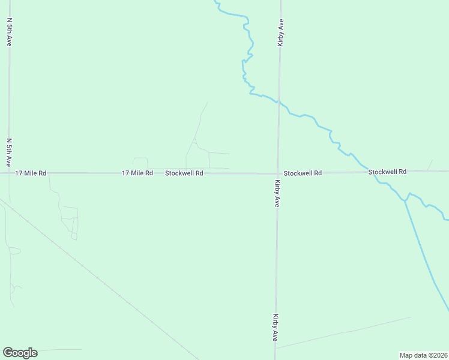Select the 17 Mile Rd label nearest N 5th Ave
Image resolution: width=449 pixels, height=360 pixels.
31,173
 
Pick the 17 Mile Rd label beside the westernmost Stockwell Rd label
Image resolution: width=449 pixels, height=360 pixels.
137,173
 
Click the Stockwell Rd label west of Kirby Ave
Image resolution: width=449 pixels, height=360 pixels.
184,173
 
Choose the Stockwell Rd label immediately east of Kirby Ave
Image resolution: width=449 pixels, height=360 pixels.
303,173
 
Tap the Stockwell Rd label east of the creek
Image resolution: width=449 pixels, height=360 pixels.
387,172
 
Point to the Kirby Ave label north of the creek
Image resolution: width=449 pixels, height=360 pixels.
281,33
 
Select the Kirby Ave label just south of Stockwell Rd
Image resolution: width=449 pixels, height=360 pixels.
277,193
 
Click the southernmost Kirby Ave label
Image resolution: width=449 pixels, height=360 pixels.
276,328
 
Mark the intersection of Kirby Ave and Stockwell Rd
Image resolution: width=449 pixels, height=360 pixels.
278,173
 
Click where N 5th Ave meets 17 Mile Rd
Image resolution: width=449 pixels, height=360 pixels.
9,173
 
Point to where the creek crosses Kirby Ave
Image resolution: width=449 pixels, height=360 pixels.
279,101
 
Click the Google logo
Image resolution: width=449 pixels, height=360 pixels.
20,353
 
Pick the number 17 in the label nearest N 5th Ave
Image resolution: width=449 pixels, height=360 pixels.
19,173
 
